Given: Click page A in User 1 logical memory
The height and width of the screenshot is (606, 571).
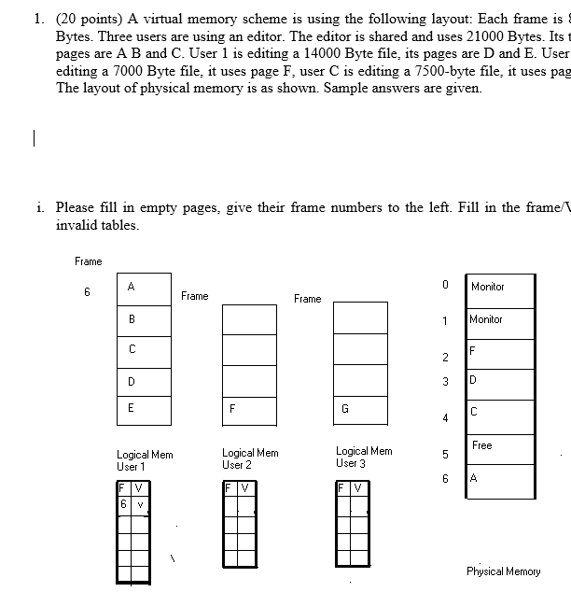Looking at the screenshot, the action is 144,289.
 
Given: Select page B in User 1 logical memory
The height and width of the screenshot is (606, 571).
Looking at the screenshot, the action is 144,318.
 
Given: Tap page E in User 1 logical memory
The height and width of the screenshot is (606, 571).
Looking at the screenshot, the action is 144,409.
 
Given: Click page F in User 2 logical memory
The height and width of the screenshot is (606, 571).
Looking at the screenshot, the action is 249,409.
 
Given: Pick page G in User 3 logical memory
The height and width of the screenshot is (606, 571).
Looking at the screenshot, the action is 360,409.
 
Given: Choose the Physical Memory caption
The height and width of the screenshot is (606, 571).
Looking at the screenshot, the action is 504,571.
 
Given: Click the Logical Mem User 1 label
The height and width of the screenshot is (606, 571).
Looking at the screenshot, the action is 145,459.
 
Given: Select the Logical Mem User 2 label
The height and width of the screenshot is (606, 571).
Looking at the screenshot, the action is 250,458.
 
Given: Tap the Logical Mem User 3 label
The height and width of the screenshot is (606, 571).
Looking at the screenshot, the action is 364,457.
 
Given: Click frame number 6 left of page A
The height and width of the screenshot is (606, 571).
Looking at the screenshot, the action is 86,291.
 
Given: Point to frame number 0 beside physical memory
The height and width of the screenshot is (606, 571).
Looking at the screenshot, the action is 446,283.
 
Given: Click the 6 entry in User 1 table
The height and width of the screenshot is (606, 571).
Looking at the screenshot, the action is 123,504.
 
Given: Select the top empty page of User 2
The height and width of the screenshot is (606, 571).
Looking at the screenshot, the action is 249,318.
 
